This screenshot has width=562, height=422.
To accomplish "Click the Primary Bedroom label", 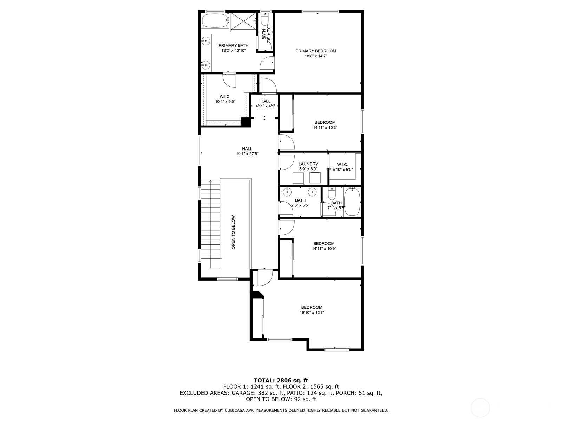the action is [316, 51].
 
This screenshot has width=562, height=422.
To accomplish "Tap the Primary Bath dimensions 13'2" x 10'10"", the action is [233, 51].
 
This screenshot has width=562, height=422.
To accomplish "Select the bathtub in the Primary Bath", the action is [215, 21].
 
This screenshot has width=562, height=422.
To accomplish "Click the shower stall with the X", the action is [243, 21].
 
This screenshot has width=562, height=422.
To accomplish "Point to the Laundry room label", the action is [308, 164].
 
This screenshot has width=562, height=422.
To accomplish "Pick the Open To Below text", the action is [233, 232].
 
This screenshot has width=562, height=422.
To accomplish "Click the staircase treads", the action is [210, 224].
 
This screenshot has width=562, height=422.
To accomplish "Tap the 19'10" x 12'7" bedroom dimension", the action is [312, 313].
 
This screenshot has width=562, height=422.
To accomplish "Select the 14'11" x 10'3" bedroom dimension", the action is [325, 128].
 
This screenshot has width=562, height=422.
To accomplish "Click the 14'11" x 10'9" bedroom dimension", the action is [324, 249].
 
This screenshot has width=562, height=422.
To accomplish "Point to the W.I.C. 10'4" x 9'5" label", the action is [225, 99].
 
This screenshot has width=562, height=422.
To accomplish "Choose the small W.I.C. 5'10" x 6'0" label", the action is [342, 167].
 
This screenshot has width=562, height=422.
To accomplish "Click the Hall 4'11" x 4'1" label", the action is [266, 103].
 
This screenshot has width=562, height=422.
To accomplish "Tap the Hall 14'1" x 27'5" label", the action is [247, 151].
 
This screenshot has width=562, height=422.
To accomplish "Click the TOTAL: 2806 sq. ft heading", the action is [281, 380].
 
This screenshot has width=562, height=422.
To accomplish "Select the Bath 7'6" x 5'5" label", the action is [300, 203].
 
